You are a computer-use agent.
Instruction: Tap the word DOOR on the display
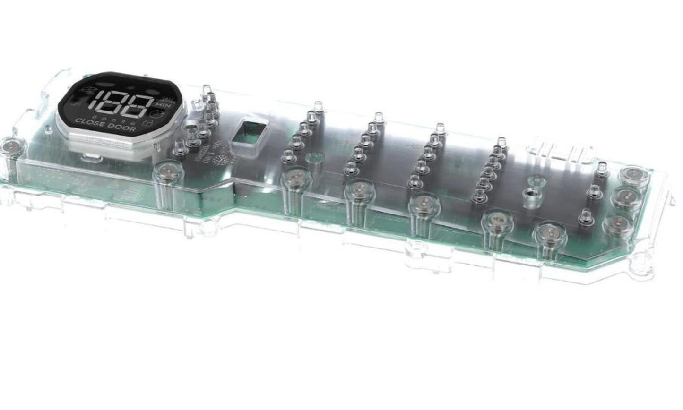(x=121, y=128)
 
